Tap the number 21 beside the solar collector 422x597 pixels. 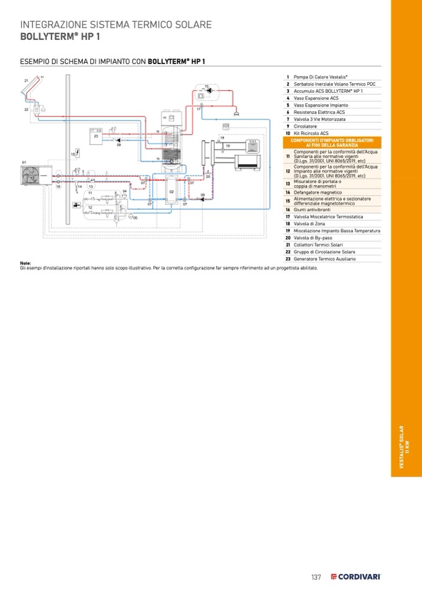coord(27,81)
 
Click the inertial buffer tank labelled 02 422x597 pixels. coord(171,191)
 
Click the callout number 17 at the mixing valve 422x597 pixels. coord(199,110)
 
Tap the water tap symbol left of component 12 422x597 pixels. coord(75,205)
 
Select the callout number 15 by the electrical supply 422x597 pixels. coord(72,153)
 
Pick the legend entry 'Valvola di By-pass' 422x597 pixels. coord(316,238)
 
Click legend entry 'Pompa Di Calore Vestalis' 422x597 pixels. coord(321,77)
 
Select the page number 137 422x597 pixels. coord(316,577)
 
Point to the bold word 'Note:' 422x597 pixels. coord(26,263)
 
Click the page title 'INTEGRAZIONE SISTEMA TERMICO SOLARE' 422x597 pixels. coord(116,25)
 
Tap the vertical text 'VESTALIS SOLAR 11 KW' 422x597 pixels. coord(405,447)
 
